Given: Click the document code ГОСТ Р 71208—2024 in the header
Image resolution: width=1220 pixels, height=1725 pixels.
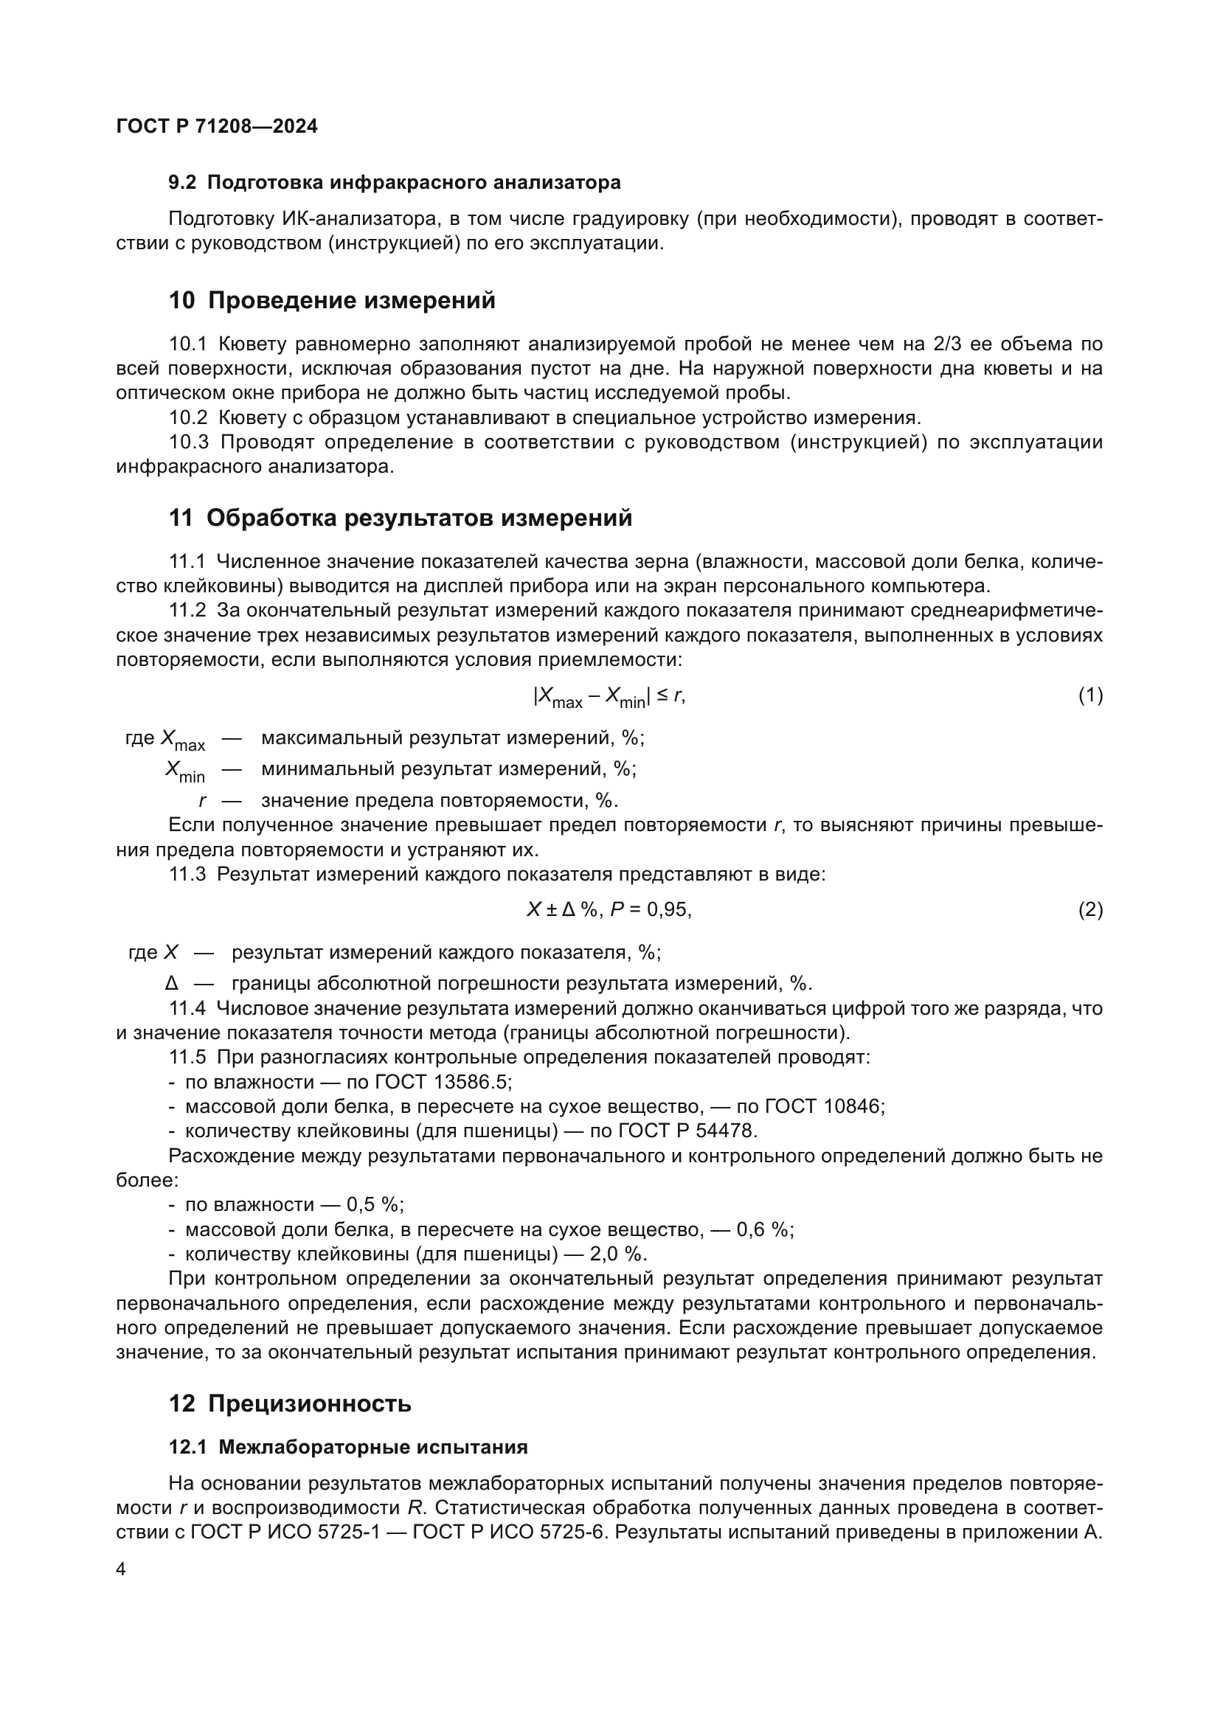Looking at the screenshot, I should tap(217, 126).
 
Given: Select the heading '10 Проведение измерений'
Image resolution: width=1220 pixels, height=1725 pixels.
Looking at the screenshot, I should tap(332, 300).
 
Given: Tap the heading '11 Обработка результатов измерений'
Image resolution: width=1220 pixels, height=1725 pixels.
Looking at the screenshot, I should tap(401, 518).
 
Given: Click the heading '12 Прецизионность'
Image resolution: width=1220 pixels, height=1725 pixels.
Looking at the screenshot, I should tap(290, 1403).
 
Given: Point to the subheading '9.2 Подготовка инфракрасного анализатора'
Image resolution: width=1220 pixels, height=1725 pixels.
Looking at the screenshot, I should tap(395, 183).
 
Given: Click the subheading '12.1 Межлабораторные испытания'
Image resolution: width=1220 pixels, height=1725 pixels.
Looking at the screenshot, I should tap(348, 1447).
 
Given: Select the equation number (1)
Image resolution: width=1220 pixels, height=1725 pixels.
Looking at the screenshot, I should tap(1090, 695).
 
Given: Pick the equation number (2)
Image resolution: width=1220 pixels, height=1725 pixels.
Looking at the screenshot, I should tap(1090, 911).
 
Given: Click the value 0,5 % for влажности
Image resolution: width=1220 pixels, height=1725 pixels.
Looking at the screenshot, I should tap(374, 1205).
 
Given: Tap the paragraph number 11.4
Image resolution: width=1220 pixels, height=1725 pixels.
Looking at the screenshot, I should tap(187, 1009).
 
